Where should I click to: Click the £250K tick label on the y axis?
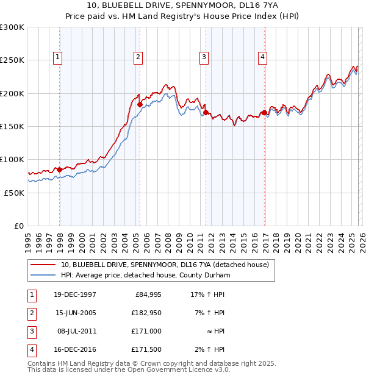coord(12,60)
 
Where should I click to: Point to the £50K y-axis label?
coord(14,193)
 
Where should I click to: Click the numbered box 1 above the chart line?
coord(58,58)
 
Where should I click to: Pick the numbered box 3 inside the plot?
coord(204,58)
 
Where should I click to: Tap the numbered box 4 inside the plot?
coord(262,58)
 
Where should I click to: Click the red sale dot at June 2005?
coord(140,105)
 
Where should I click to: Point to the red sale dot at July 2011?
coord(206,113)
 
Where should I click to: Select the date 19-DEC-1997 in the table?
coord(75,294)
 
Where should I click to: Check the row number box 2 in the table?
coord(32,313)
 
